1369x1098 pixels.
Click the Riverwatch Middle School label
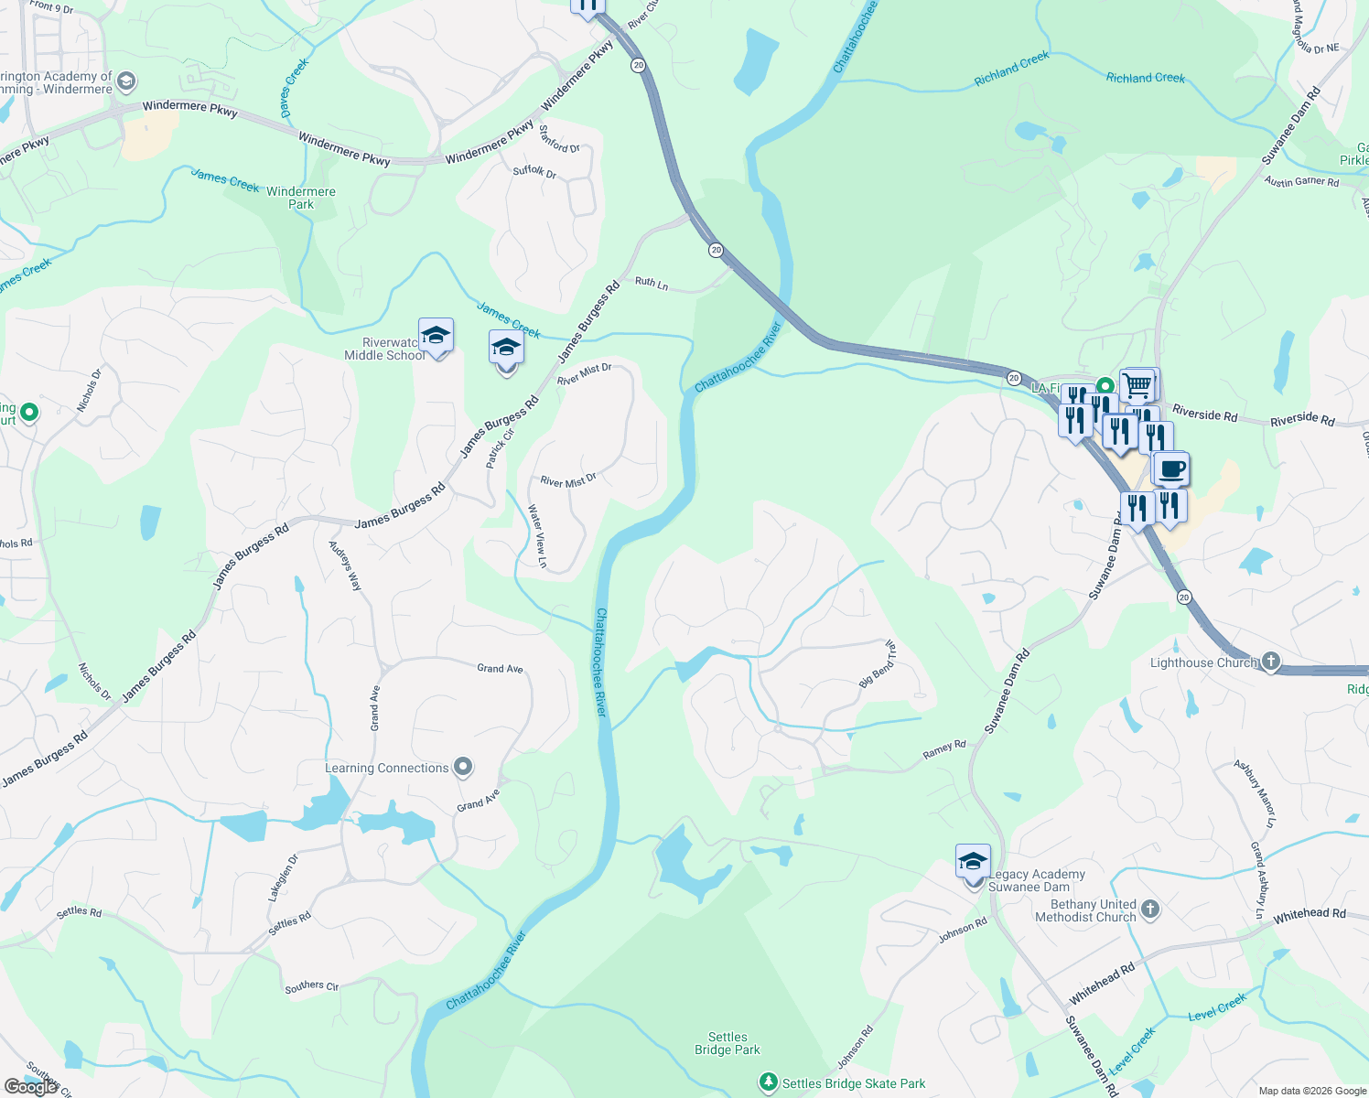click(383, 349)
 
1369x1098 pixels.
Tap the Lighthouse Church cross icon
click(1269, 662)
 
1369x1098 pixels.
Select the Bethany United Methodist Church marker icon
click(1150, 909)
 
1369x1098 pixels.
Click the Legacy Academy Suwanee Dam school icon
click(973, 862)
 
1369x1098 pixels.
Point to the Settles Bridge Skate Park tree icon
click(769, 1083)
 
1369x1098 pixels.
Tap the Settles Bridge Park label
click(728, 1043)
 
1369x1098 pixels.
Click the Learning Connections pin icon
click(463, 767)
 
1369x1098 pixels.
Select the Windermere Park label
click(300, 198)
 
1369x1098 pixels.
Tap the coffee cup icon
click(1170, 469)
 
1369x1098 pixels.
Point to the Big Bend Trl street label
click(878, 664)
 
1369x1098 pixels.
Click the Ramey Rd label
click(944, 749)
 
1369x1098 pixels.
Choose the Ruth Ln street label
click(652, 284)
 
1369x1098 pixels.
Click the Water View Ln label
click(538, 536)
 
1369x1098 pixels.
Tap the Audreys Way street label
click(345, 565)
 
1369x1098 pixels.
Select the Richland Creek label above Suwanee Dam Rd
click(1145, 79)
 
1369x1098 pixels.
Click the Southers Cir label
click(311, 986)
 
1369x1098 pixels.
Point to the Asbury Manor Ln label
click(1254, 792)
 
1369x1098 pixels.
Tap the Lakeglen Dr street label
click(283, 878)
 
